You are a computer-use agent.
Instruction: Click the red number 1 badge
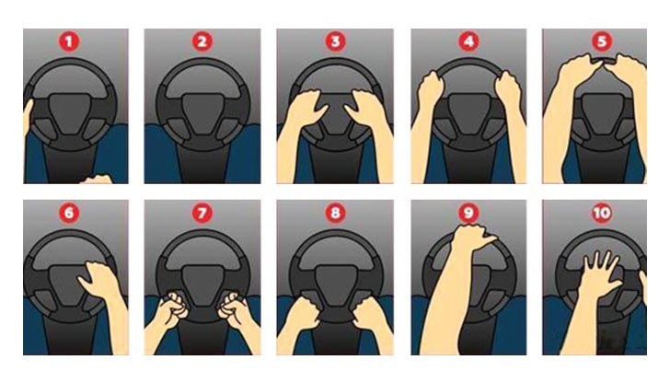point(69,42)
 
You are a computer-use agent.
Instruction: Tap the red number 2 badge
point(202,42)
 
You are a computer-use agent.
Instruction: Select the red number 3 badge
point(335,42)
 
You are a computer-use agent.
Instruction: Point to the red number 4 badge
point(468,42)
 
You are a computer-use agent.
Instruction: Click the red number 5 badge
point(602,42)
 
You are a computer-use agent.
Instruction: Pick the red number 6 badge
point(69,213)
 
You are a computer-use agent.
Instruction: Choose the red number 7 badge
point(202,213)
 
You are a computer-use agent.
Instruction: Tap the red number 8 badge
point(335,213)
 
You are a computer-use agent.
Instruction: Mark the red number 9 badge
point(468,213)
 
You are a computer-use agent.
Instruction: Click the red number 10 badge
point(602,213)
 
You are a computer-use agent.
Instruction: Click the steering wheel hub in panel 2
point(202,112)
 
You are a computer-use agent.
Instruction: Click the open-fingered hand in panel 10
point(598,274)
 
